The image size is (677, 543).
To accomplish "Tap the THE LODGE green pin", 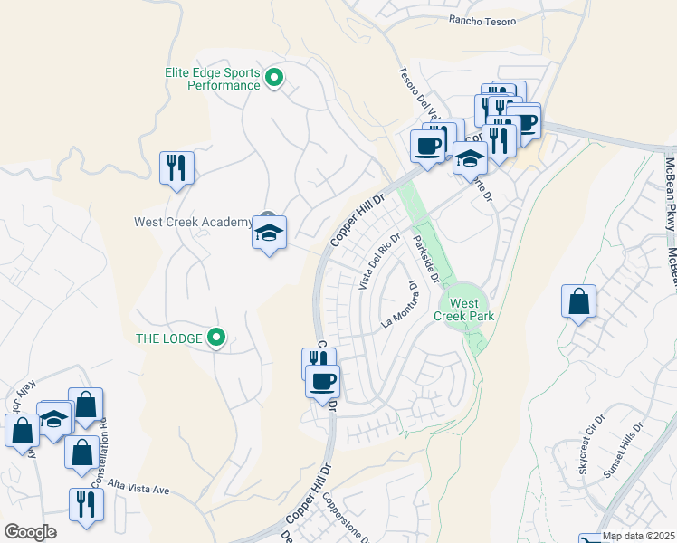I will click(216, 338).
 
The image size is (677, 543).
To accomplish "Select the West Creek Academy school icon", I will click(269, 233).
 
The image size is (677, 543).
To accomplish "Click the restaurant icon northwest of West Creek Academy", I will click(176, 167).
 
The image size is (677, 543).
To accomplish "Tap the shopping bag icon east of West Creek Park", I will click(578, 302).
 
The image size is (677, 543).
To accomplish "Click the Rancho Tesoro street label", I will click(482, 21).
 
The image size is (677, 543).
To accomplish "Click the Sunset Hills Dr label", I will click(625, 441).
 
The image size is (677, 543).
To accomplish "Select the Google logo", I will click(30, 532).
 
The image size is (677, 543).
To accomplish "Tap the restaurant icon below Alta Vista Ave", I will click(85, 505).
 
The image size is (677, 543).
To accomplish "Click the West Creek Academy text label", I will click(193, 222).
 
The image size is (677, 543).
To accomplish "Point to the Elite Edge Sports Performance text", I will click(213, 79).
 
